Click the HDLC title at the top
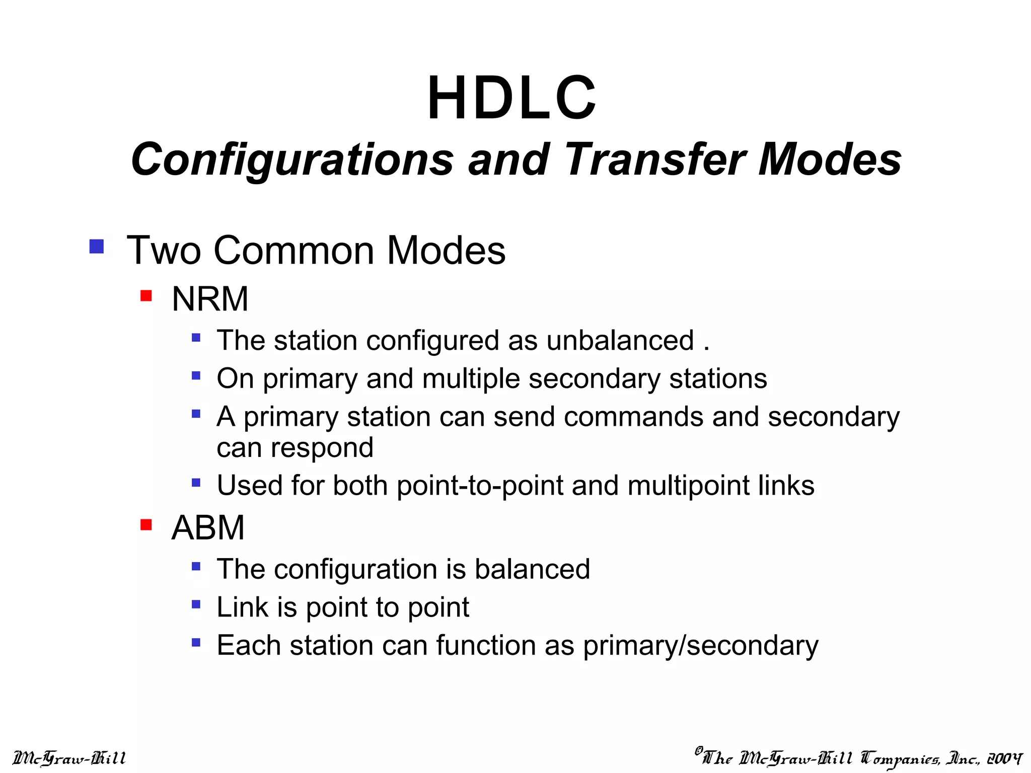(512, 98)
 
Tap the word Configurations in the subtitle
(292, 160)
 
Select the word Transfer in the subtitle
(654, 160)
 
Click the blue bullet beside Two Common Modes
(96, 247)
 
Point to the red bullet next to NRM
(146, 295)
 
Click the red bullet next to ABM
(146, 525)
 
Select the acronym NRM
(210, 299)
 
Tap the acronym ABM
(208, 528)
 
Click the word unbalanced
(620, 341)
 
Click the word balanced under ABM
(532, 569)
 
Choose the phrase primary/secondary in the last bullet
(701, 646)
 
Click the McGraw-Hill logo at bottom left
(69, 758)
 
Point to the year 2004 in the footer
(1004, 758)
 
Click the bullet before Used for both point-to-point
(196, 483)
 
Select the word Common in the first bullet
(294, 250)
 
